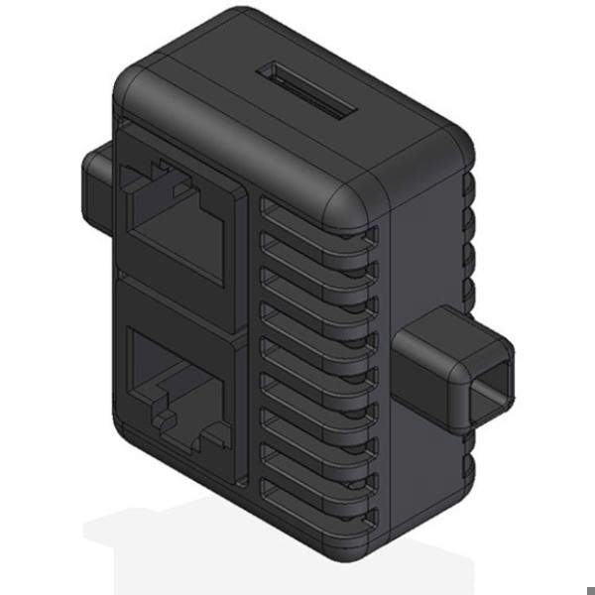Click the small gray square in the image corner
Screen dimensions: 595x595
589,588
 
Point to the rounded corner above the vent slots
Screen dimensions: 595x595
347,203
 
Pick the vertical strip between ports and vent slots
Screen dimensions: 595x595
251,347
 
